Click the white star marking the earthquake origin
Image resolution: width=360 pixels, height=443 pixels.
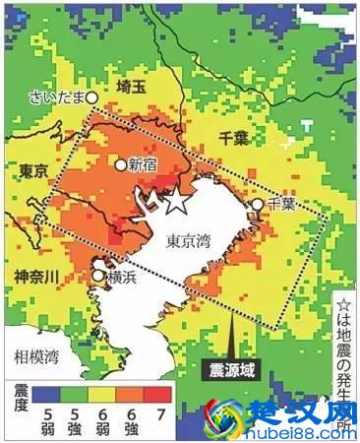pyautogui.click(x=175, y=201)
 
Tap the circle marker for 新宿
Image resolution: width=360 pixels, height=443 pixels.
pyautogui.click(x=122, y=165)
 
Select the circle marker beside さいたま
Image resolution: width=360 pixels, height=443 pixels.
pyautogui.click(x=92, y=97)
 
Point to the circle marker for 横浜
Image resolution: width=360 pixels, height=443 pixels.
pyautogui.click(x=98, y=278)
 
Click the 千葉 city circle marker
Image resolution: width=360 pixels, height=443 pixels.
pyautogui.click(x=257, y=205)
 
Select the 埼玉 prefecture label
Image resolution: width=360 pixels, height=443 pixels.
pyautogui.click(x=131, y=87)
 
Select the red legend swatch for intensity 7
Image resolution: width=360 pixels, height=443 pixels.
pyautogui.click(x=161, y=395)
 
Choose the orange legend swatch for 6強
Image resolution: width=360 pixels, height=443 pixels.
pyautogui.click(x=133, y=395)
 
